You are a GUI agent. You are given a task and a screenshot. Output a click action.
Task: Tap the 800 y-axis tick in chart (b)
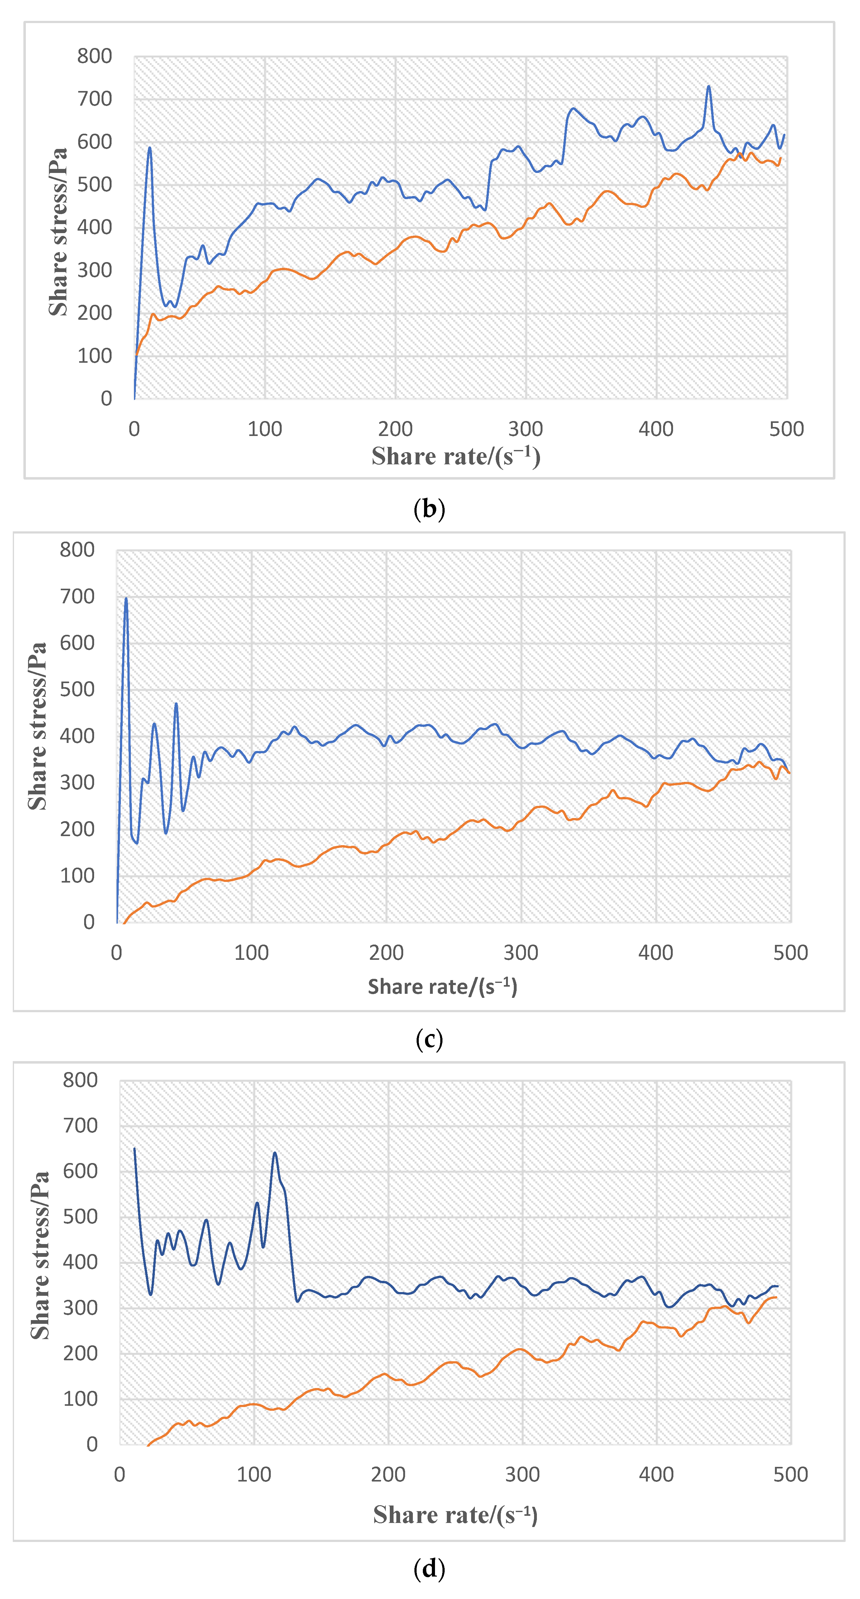[94, 56]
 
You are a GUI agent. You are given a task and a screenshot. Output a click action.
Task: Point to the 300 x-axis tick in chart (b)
[526, 429]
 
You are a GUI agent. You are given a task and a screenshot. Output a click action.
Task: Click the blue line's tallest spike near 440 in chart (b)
[709, 87]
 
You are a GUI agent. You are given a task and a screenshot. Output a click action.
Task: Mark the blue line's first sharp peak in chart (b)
[150, 148]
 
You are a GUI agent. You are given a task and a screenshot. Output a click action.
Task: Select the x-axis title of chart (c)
[442, 986]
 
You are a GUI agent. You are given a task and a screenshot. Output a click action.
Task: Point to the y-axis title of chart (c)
[37, 726]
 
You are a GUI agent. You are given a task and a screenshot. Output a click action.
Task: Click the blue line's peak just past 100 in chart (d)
[275, 1153]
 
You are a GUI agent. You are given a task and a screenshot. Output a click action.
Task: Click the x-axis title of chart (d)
[455, 1515]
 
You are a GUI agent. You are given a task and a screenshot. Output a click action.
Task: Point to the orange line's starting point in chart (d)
[148, 1446]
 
